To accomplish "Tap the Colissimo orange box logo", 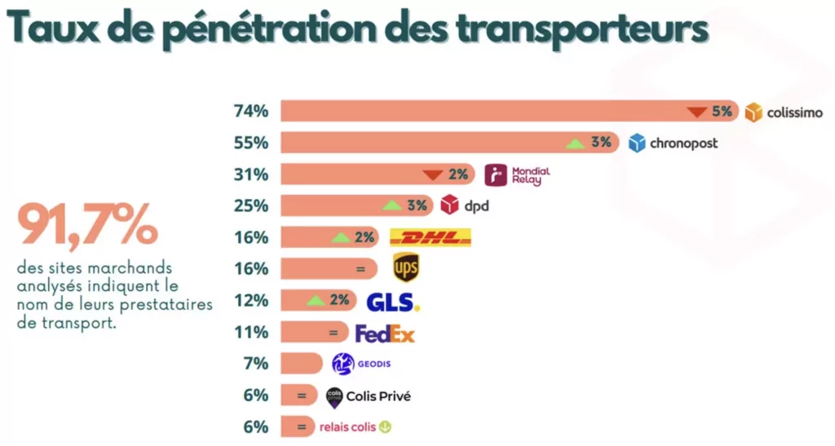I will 753,112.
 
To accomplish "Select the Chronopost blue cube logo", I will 637,143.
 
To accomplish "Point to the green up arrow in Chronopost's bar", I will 575,144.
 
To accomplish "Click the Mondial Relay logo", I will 517,174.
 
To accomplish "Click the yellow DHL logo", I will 431,237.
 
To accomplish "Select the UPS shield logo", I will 405,267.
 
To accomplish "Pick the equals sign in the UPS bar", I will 359,268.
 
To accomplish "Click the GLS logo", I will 392,301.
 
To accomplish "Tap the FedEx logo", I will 385,333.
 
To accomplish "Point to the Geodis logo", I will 356,364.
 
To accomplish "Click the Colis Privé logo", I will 368,396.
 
